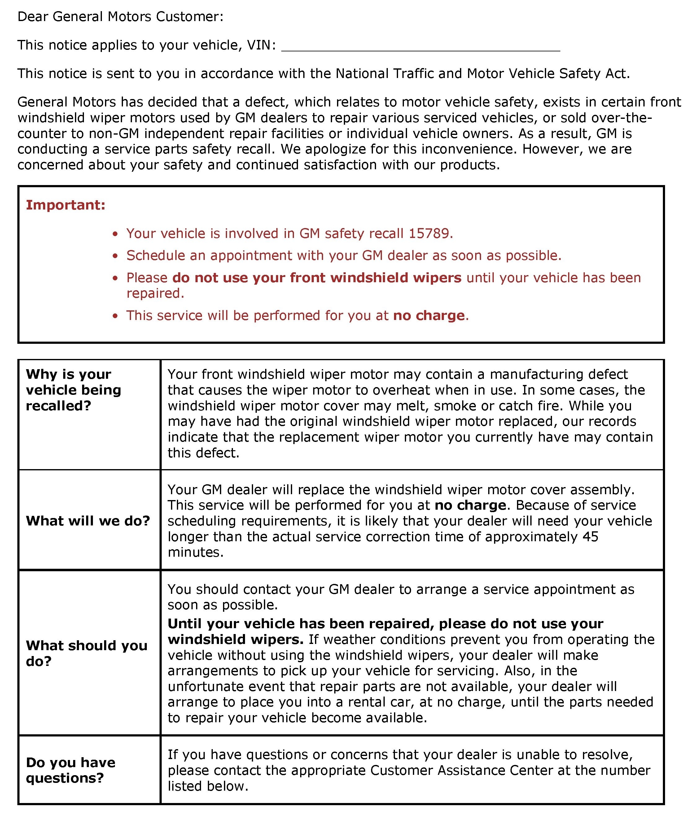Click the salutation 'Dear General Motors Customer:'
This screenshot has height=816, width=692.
tap(120, 17)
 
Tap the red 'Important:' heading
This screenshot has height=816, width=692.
tap(65, 205)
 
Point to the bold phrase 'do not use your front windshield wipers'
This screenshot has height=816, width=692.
tap(317, 278)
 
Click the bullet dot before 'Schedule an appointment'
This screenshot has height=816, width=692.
tap(115, 256)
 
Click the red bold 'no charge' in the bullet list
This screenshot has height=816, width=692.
tap(429, 316)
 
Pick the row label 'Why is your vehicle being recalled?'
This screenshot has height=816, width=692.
tap(73, 390)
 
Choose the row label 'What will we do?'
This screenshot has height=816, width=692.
tap(88, 521)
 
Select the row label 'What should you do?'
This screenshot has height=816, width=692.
tap(86, 653)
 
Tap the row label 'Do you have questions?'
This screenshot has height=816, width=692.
tap(71, 770)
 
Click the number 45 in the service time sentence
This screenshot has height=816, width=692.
tap(590, 537)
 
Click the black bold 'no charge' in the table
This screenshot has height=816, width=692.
tap(470, 505)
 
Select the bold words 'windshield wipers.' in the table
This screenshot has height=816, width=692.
tap(235, 639)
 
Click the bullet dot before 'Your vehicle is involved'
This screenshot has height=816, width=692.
tap(115, 234)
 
